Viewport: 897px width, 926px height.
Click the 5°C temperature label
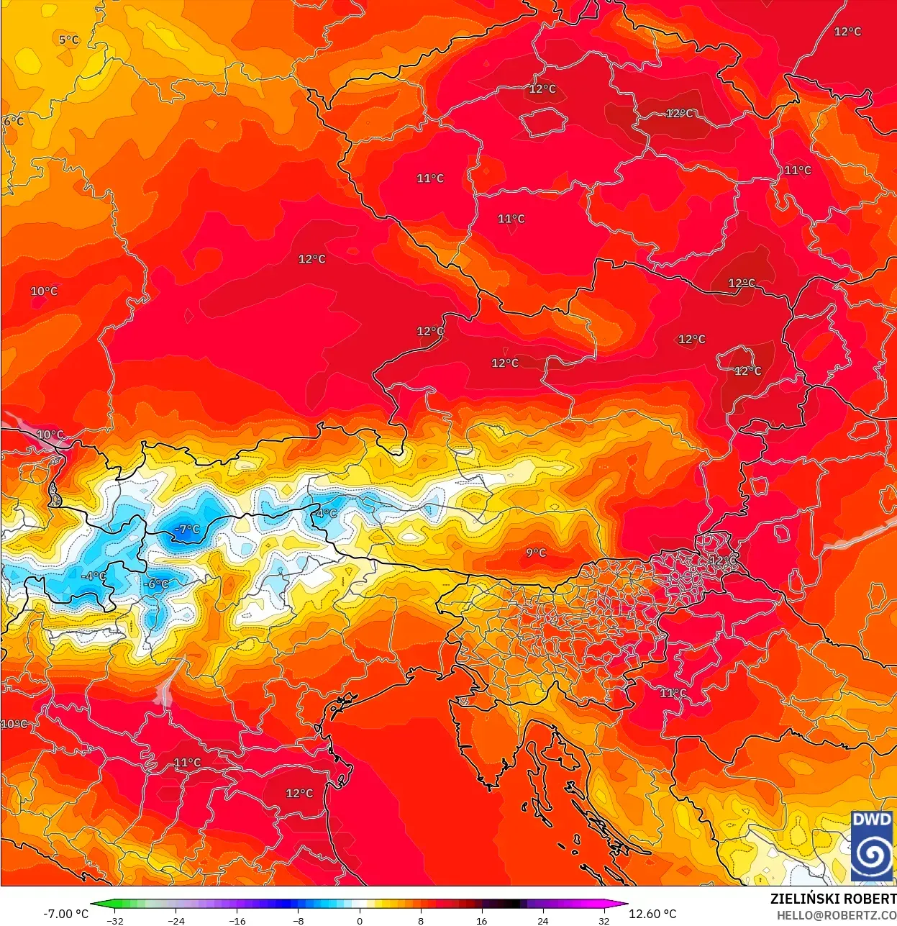point(69,40)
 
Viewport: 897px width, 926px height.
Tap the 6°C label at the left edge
point(13,121)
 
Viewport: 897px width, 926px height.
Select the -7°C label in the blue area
point(187,530)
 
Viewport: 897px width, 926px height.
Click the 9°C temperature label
point(536,553)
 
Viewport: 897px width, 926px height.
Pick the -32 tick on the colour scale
point(115,921)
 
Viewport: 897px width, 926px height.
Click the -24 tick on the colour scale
point(176,921)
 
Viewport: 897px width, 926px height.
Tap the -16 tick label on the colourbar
point(237,921)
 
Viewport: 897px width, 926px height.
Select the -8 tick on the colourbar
point(299,921)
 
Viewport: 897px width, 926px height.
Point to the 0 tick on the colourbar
point(360,921)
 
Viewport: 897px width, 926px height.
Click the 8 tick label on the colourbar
point(421,921)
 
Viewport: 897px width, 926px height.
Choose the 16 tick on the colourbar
point(482,921)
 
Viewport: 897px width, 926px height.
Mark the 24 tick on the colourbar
point(543,921)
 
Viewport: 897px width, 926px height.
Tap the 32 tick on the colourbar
point(604,921)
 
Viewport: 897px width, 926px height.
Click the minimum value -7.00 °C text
point(66,914)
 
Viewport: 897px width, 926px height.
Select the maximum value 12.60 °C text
point(653,914)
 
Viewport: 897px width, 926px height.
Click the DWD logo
point(872,846)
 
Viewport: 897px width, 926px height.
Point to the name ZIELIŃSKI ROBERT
point(833,899)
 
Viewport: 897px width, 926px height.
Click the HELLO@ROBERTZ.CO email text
point(836,915)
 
